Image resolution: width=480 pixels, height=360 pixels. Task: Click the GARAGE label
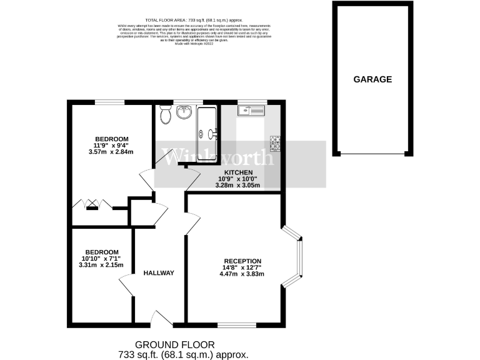coord(372,79)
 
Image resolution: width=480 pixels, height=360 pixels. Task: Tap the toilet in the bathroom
coord(165,115)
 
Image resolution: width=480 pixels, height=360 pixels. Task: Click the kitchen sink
coord(251,111)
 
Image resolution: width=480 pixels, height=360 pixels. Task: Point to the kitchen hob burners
coord(274,143)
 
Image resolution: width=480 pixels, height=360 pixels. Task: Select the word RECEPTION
coord(243,261)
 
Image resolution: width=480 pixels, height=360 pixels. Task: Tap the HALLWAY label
coord(159,273)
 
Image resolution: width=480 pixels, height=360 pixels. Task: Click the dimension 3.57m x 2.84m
coord(112,152)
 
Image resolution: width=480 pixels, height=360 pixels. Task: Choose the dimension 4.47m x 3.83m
coord(243,274)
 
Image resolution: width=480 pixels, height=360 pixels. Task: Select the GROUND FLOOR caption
coord(175,344)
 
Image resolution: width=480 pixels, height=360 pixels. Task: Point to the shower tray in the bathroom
coord(207,132)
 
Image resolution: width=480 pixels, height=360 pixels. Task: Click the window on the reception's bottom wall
coord(236,324)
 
